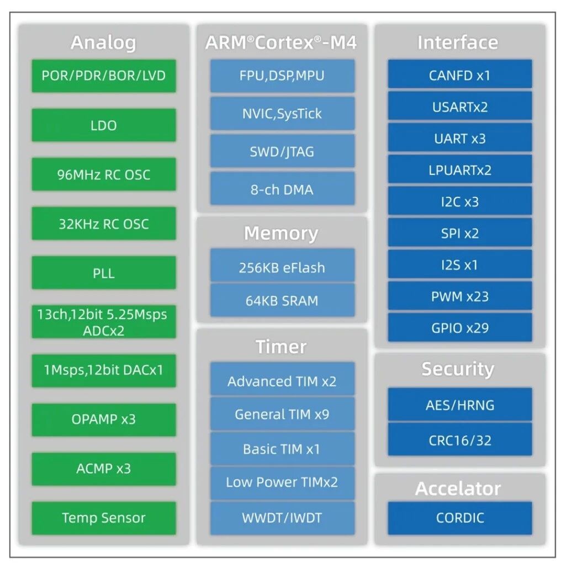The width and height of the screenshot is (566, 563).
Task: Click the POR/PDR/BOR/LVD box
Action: click(104, 76)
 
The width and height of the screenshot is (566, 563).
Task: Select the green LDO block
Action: click(104, 125)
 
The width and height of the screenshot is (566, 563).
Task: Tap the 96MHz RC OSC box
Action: click(104, 174)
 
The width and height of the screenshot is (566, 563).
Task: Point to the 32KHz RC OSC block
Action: click(104, 224)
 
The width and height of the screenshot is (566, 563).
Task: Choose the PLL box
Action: click(104, 273)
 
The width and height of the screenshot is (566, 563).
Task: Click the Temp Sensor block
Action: click(104, 518)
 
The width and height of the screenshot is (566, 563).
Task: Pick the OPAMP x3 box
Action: click(104, 419)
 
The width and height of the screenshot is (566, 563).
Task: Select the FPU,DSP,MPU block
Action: click(282, 76)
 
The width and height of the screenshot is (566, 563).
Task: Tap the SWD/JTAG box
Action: click(282, 151)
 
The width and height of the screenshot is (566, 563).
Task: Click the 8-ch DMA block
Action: click(282, 189)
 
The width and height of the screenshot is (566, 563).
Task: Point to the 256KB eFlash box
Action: click(282, 268)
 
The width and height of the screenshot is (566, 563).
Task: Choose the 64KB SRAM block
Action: click(282, 301)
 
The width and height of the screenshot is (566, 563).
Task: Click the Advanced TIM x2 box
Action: click(282, 381)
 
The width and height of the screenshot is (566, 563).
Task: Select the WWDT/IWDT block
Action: click(282, 518)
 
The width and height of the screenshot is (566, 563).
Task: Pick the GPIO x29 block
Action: click(459, 327)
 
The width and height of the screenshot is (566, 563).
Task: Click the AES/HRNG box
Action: click(459, 405)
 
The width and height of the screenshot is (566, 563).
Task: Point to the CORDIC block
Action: click(459, 518)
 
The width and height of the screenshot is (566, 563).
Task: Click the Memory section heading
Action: click(281, 233)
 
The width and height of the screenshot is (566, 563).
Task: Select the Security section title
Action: click(458, 369)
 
